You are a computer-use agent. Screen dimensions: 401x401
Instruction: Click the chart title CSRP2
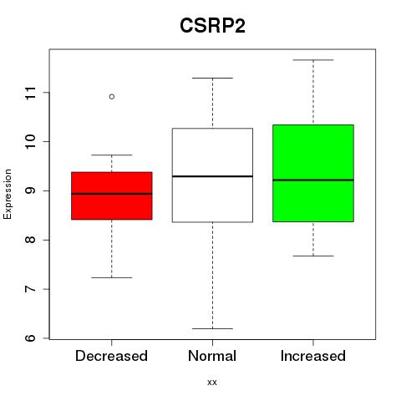point(212,26)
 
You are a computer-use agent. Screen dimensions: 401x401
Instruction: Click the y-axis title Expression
point(8,194)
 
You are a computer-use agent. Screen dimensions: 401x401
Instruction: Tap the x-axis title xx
point(212,382)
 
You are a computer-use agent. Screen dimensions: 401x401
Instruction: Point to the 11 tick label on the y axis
point(31,93)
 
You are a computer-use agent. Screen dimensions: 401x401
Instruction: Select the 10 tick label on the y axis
point(31,142)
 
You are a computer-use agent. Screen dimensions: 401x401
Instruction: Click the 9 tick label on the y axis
point(31,190)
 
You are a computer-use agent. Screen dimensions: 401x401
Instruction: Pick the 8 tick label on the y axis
point(31,240)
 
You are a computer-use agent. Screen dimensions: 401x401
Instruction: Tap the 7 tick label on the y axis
point(31,289)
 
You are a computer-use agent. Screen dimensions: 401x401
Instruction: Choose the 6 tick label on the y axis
point(31,338)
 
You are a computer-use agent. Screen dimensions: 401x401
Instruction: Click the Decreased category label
point(111,356)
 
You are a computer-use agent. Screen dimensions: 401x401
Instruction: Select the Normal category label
point(212,356)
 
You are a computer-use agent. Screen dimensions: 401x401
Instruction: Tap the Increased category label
point(313,356)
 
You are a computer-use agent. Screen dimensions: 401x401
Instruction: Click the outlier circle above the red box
point(112,97)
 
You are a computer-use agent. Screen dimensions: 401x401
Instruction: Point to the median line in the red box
point(112,194)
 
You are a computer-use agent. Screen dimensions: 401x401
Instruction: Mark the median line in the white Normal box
point(212,176)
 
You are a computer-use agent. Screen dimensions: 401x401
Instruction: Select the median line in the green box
point(313,180)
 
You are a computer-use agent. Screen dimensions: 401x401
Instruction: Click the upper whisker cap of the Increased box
point(313,60)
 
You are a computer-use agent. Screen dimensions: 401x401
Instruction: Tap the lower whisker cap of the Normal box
point(212,328)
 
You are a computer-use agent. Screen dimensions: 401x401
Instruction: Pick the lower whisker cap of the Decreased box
point(112,277)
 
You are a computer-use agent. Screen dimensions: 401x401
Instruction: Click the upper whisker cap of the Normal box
point(212,78)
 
